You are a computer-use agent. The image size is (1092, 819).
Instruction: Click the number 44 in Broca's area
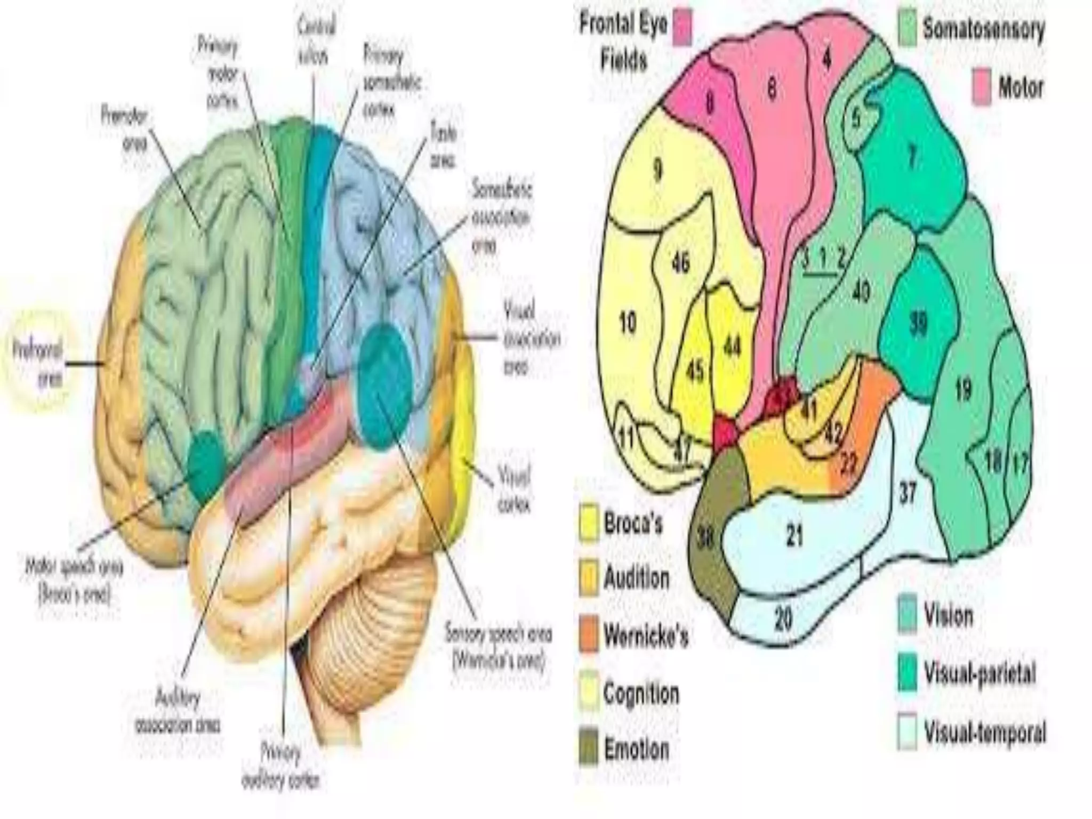pos(732,348)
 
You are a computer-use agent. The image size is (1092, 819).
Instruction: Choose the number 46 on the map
pos(681,263)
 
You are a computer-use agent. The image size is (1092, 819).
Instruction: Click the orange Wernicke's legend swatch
pos(589,635)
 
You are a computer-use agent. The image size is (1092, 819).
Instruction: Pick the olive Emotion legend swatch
pos(589,749)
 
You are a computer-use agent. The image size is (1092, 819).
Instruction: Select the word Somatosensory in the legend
pos(984,29)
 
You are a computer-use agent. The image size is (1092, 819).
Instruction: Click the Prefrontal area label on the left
pos(38,363)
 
